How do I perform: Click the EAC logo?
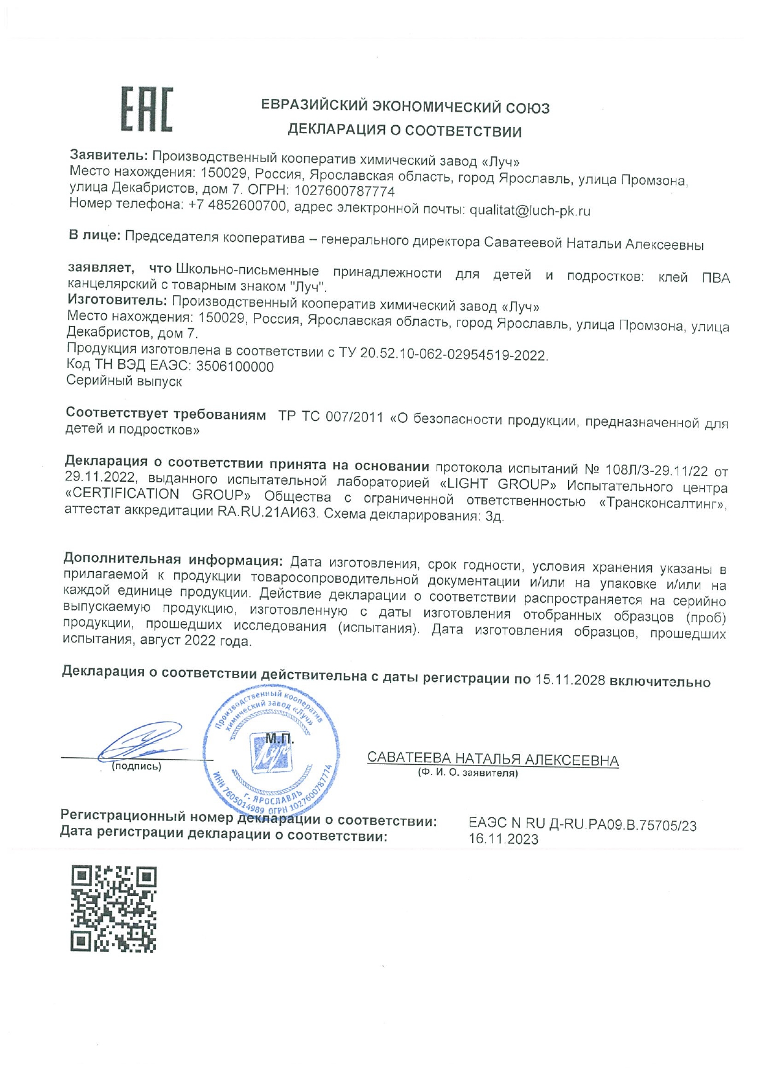pyautogui.click(x=147, y=109)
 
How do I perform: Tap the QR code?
pyautogui.click(x=113, y=908)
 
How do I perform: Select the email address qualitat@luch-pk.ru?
pyautogui.click(x=530, y=211)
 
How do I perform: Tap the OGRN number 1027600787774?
pyautogui.click(x=344, y=191)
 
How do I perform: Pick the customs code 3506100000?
pyautogui.click(x=235, y=367)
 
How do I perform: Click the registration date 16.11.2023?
pyautogui.click(x=503, y=840)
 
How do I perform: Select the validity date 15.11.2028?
pyautogui.click(x=570, y=681)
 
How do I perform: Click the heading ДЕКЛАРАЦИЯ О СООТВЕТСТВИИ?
pyautogui.click(x=405, y=131)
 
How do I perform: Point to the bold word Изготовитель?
pyautogui.click(x=117, y=301)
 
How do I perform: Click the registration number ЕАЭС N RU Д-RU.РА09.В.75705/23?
pyautogui.click(x=582, y=825)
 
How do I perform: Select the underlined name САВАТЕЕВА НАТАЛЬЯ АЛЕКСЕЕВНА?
pyautogui.click(x=492, y=760)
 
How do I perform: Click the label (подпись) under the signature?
pyautogui.click(x=136, y=766)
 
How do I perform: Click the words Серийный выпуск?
pyautogui.click(x=124, y=381)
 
